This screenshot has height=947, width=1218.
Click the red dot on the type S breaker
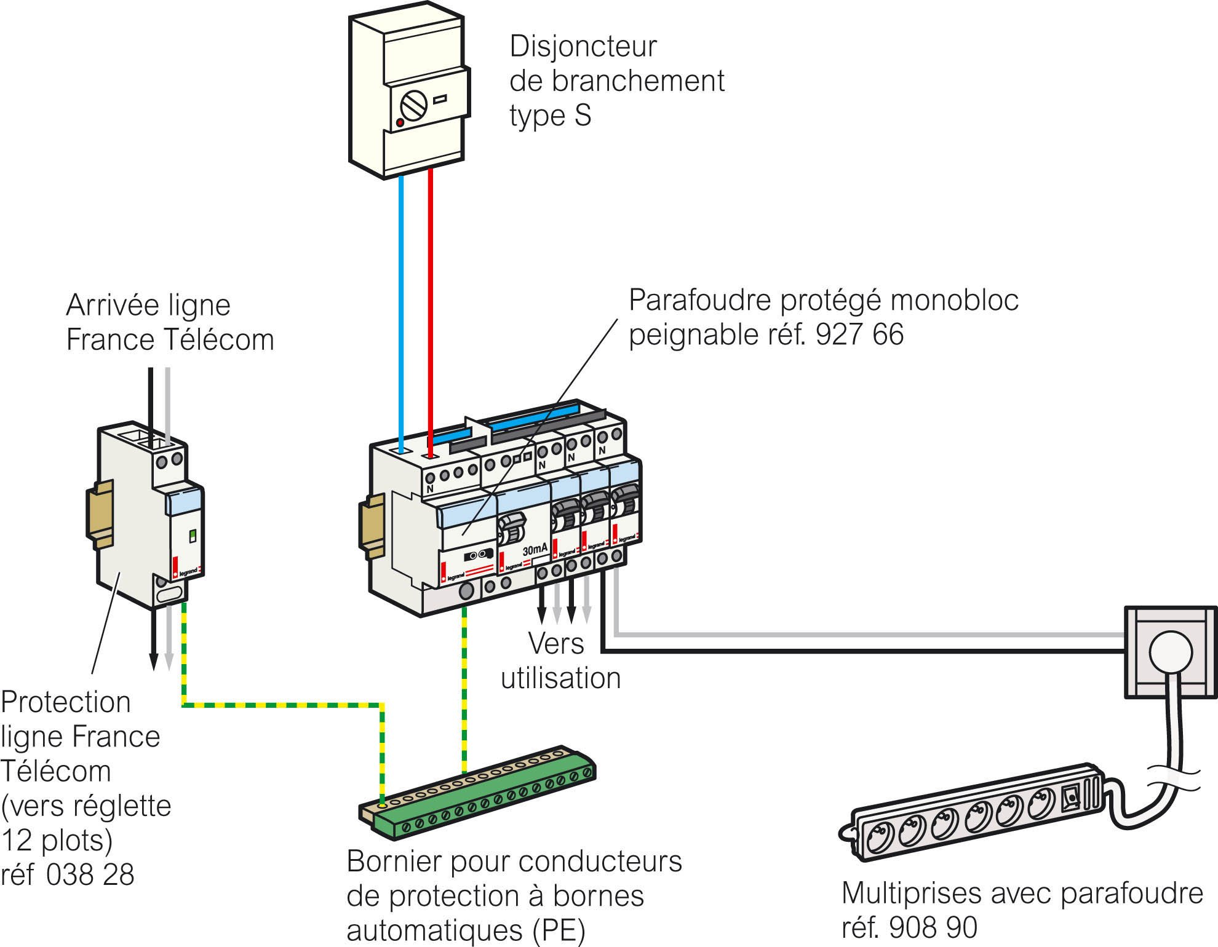tap(400, 123)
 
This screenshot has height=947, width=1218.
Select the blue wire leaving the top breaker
tap(401, 307)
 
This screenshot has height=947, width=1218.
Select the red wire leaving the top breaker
tap(431, 307)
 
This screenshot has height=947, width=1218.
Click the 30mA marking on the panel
tap(534, 549)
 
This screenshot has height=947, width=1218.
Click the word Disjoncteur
tap(583, 47)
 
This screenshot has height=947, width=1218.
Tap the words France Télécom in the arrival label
tap(170, 340)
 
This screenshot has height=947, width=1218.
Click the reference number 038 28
tap(90, 874)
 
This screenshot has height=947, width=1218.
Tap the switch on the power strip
tap(1071, 798)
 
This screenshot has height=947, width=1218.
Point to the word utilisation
tap(560, 678)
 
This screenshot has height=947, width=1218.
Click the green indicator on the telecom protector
tap(192, 536)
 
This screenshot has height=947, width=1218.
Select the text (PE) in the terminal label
tap(557, 930)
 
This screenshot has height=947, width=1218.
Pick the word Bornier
tap(394, 862)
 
